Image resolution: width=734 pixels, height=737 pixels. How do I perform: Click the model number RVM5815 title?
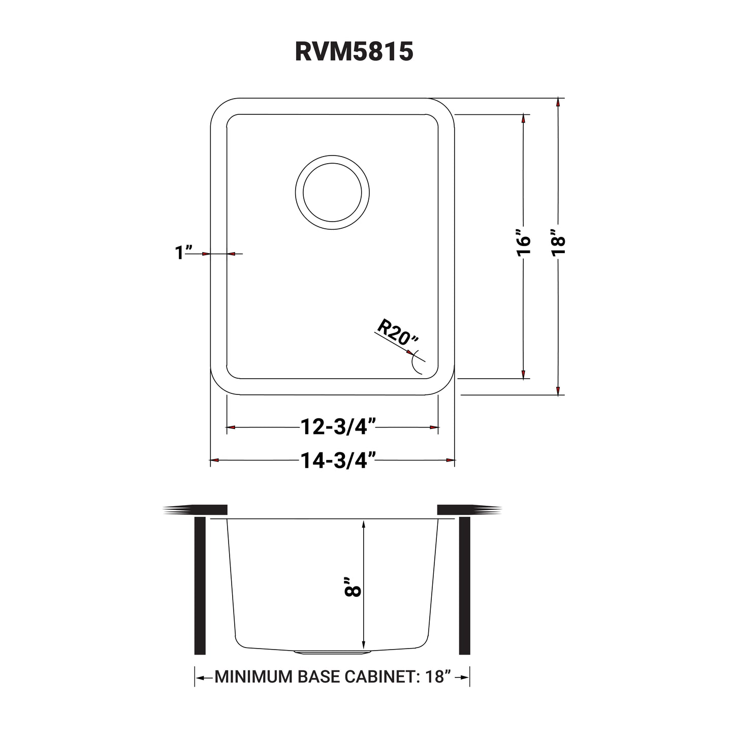coord(354,51)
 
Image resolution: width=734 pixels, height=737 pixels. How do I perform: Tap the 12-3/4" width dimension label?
coord(338,427)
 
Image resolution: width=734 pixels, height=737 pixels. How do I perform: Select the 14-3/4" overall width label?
coord(338,460)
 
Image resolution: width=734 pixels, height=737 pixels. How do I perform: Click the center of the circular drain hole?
coord(332,193)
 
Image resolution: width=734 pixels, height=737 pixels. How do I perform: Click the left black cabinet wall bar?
coord(200,586)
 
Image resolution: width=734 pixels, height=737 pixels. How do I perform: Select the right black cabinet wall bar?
coord(464,586)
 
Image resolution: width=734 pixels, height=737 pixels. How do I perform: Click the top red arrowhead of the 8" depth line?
coord(363,524)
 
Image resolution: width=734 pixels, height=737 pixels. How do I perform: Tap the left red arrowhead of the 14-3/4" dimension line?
coord(214,460)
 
